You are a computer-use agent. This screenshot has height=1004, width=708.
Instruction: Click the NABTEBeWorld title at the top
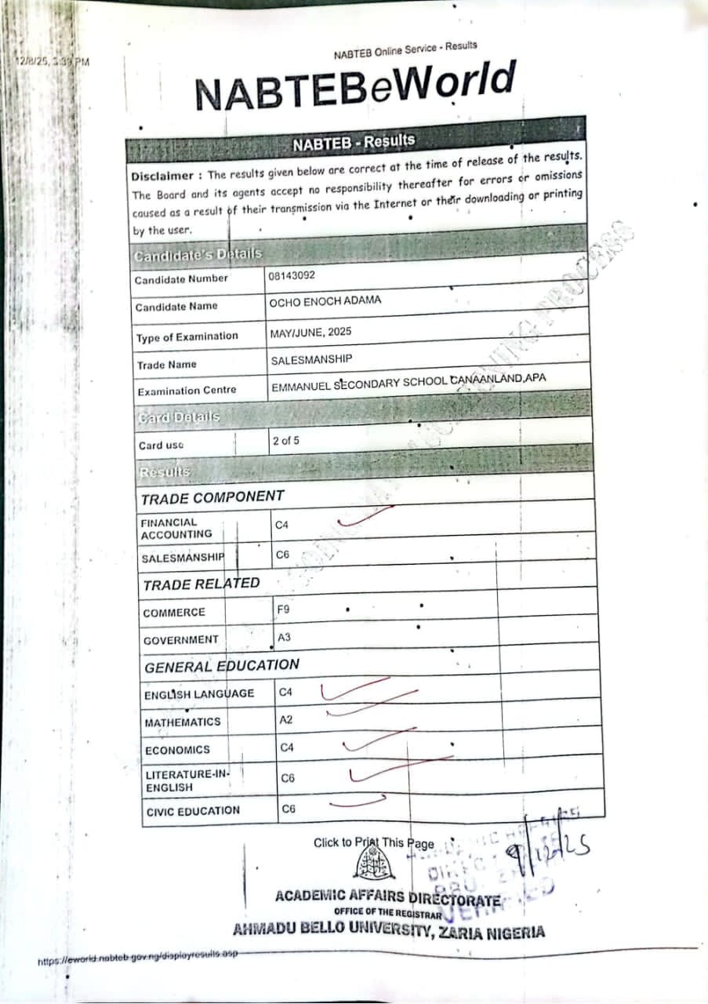point(355,86)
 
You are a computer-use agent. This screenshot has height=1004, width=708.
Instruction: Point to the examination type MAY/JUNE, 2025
point(310,332)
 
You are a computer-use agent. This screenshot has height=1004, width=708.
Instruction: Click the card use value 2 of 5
point(285,441)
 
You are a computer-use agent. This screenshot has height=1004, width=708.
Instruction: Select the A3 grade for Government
point(284,637)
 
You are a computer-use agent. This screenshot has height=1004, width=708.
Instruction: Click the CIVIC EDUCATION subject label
point(193,811)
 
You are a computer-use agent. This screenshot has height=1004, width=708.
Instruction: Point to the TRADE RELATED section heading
point(201,584)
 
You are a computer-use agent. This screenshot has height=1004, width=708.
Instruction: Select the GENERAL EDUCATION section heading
point(221,666)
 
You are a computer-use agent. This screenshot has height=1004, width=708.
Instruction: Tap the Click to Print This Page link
point(373,843)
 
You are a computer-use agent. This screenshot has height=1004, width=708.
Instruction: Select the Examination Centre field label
point(186,391)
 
